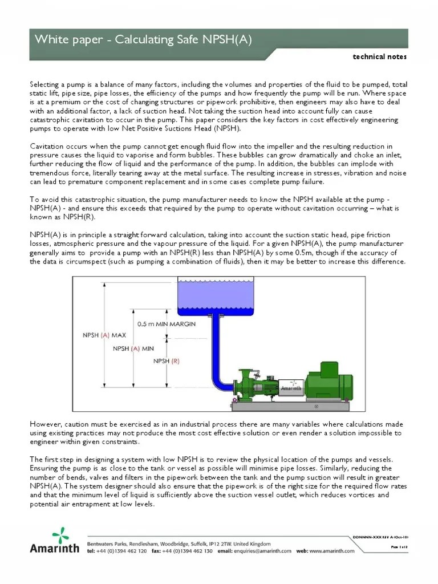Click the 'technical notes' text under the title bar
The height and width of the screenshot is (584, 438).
pos(380,57)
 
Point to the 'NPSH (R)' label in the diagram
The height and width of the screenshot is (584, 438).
pos(167,361)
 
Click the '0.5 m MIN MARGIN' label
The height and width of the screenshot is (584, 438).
pos(167,324)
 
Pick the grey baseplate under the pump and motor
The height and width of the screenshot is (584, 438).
pos(291,406)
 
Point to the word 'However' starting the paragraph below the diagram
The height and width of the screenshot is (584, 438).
pos(44,424)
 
